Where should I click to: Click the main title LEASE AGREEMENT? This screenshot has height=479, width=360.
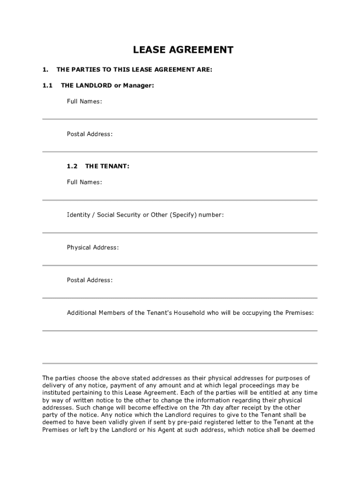183,50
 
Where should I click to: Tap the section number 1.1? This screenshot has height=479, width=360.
47,85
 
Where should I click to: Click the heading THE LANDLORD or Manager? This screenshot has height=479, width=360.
107,85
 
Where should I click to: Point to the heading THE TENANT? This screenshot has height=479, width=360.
107,166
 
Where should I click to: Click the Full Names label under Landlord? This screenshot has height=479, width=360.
84,101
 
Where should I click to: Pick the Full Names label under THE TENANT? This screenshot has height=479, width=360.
84,182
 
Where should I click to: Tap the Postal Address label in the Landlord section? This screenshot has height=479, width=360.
89,134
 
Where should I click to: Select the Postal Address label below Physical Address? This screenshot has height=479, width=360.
89,280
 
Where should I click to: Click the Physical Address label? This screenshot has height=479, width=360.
93,247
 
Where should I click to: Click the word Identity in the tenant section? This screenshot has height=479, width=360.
79,215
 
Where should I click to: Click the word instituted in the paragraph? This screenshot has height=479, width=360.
57,392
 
